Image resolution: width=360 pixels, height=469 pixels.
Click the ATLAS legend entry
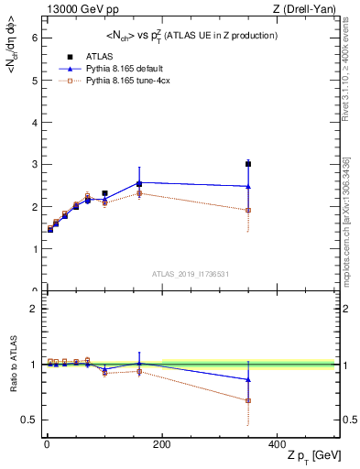[x=87, y=56]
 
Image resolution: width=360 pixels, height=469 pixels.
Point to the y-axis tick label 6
[x=34, y=38]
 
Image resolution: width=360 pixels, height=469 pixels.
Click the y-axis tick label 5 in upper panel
[x=34, y=80]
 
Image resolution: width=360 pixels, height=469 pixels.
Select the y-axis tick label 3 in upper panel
[x=34, y=164]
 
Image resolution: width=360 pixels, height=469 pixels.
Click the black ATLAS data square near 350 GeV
[x=247, y=164]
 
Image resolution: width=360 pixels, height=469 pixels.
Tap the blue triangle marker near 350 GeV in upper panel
[x=247, y=186]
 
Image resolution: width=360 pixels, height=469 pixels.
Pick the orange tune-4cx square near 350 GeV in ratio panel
[x=247, y=400]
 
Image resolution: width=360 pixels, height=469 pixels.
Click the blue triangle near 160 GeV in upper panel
[x=138, y=183]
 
